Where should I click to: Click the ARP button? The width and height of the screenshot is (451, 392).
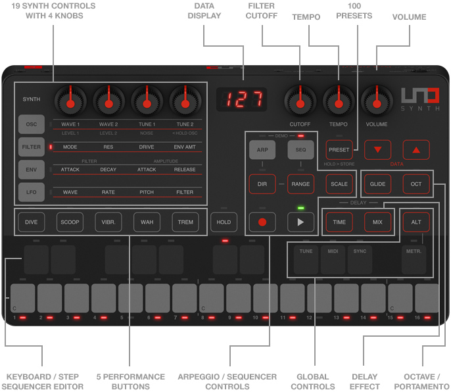point(262,150)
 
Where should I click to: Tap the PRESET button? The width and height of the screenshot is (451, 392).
point(339,149)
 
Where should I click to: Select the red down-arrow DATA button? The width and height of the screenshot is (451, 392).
point(377,150)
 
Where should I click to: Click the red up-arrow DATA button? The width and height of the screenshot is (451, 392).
point(415,150)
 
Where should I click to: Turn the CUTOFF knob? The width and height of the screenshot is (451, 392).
point(300,101)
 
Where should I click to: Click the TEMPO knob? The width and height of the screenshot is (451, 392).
point(339,101)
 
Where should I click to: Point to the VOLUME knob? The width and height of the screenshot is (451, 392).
point(377,101)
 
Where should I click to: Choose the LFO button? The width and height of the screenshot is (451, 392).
point(32,192)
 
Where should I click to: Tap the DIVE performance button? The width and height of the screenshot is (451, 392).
point(31,222)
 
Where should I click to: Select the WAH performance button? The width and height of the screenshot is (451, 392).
point(147,222)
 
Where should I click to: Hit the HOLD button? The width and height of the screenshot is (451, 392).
point(224,222)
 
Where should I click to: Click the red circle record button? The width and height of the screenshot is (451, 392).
point(262,222)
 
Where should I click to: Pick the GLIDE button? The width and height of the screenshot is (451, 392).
point(377,184)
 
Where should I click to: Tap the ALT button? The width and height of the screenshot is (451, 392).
point(415,222)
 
